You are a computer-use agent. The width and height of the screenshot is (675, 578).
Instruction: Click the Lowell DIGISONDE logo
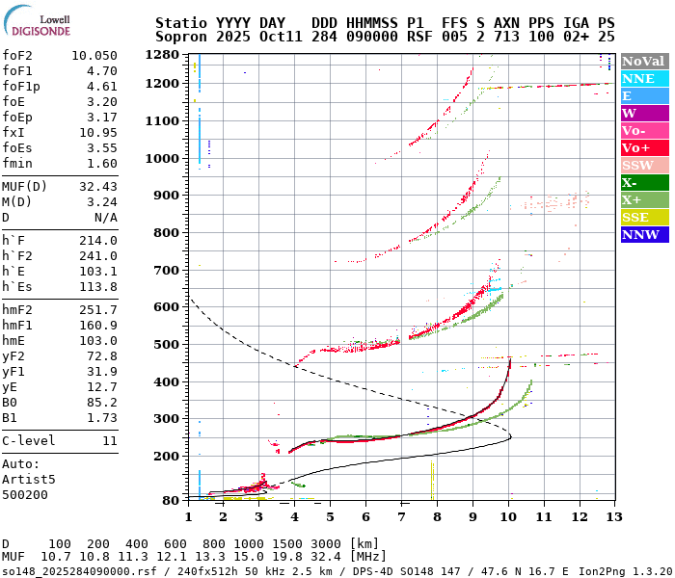pos(40,24)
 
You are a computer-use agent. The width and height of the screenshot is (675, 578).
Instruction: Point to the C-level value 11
pos(109,440)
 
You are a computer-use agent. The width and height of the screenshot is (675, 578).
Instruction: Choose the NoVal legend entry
pos(643,61)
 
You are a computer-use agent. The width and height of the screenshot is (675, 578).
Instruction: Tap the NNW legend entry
pos(643,234)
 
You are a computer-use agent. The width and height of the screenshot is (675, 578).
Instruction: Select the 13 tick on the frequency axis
pos(613,517)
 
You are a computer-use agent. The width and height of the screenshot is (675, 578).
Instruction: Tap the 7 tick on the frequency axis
pos(401,517)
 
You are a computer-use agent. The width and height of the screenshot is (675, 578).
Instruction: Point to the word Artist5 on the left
pos(29,479)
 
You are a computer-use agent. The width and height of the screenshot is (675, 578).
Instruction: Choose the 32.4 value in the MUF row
pos(344,557)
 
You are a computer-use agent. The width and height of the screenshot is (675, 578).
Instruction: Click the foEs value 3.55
pos(101,147)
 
